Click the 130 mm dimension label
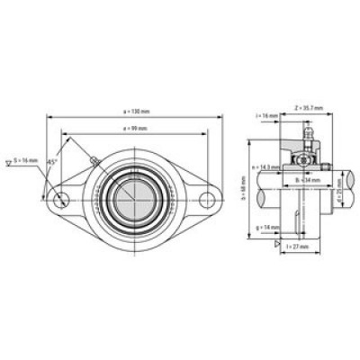click(136, 110)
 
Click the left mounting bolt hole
click(61, 199)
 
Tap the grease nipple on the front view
click(93, 163)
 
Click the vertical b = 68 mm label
click(249, 191)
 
